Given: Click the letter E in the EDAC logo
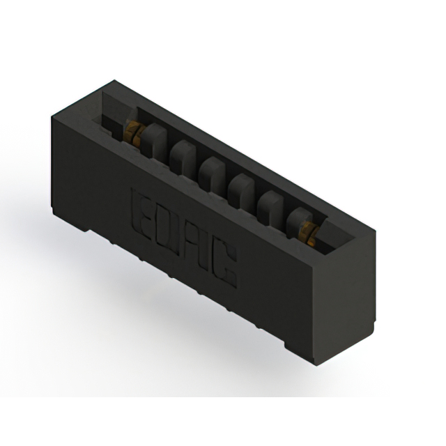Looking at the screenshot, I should (x=142, y=206).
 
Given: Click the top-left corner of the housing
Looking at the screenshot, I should (x=56, y=116).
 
